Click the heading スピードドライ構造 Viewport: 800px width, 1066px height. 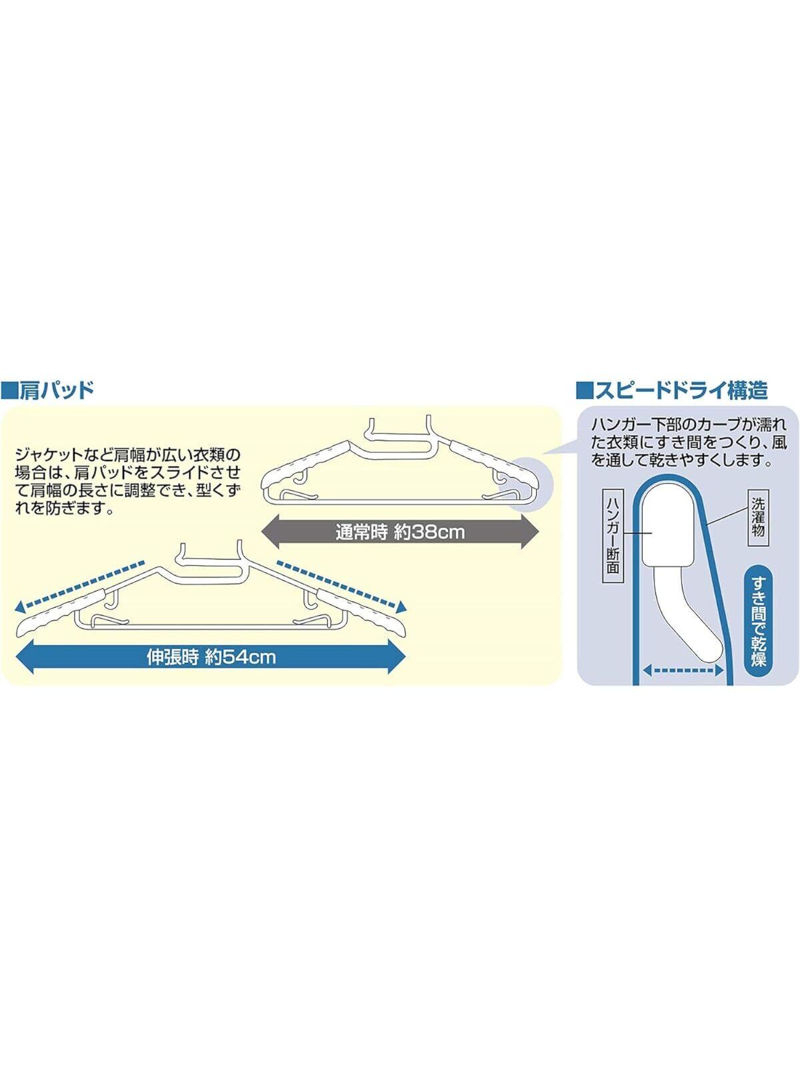point(680,390)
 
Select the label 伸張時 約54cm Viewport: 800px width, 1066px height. point(211,658)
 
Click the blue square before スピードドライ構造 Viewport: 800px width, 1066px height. point(584,390)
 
